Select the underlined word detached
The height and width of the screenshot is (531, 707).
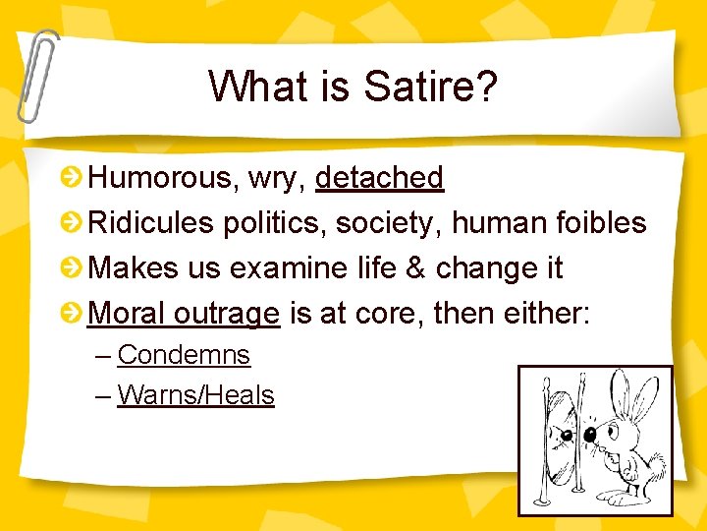pos(379,178)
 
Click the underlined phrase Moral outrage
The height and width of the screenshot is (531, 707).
pos(184,314)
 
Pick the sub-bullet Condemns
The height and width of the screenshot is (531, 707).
pos(184,354)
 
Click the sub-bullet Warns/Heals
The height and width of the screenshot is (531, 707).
pos(195,395)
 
